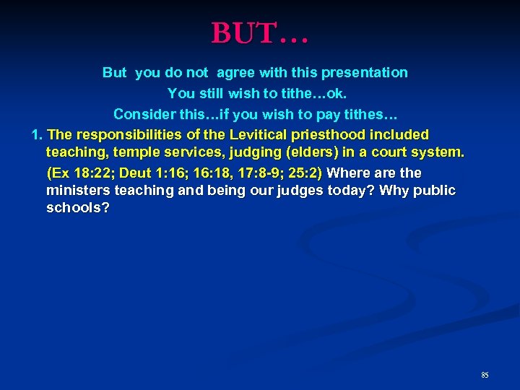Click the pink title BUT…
[259, 33]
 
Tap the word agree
[238, 72]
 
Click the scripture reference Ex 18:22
[80, 173]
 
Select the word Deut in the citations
[138, 173]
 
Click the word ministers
[76, 191]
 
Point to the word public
[432, 191]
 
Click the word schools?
[78, 208]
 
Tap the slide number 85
[485, 375]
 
